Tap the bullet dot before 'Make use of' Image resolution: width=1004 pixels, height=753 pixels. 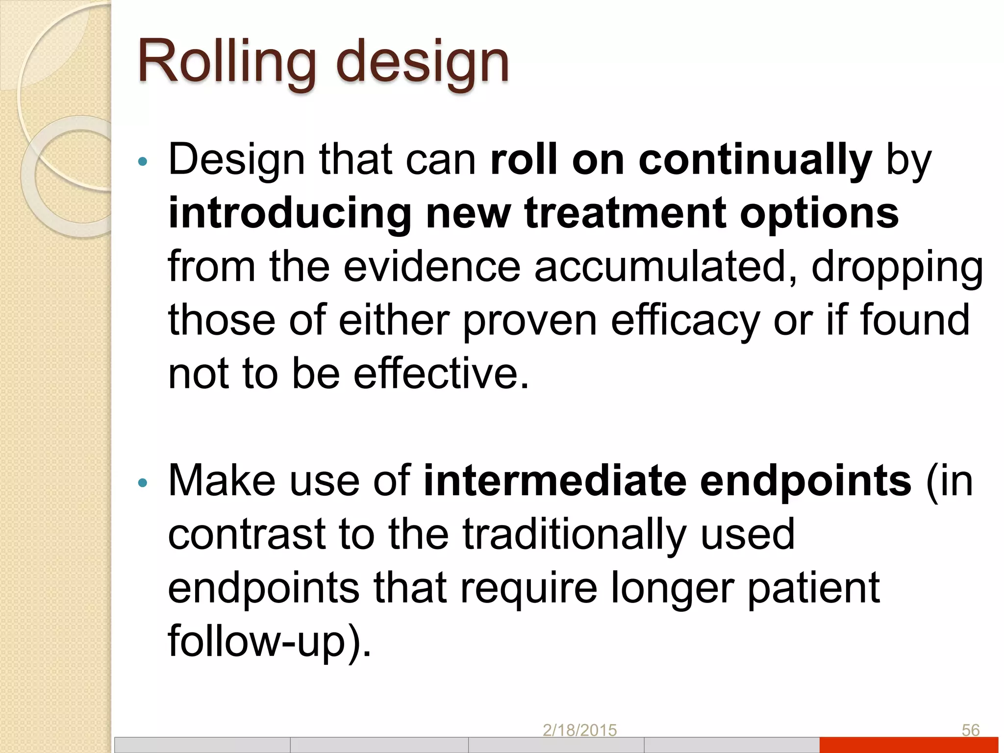tap(143, 483)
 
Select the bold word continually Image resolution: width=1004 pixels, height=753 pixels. tap(755, 159)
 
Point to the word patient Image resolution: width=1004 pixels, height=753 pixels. tap(814, 588)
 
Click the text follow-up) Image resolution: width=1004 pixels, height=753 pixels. tap(270, 641)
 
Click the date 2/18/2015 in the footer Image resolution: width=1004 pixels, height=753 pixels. tap(579, 730)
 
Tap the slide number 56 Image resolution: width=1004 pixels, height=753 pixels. tap(970, 730)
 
